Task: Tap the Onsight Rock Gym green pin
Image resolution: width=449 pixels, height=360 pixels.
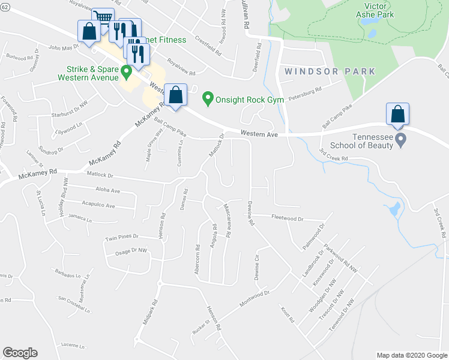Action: point(208,97)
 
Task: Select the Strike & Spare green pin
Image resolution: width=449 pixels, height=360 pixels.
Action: point(126,73)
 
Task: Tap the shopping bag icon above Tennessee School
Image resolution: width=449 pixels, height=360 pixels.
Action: point(397,114)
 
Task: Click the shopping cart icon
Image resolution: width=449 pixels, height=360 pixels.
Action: point(103,19)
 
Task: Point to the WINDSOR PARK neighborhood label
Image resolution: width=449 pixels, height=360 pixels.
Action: point(330,71)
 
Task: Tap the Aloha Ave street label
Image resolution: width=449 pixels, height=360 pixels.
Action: point(107,191)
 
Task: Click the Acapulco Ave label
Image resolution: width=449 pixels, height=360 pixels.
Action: point(98,205)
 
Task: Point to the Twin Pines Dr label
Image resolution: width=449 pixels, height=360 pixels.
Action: point(122,238)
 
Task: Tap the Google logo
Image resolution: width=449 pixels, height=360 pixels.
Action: point(20,353)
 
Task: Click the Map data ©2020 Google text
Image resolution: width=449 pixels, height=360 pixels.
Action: point(412,355)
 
